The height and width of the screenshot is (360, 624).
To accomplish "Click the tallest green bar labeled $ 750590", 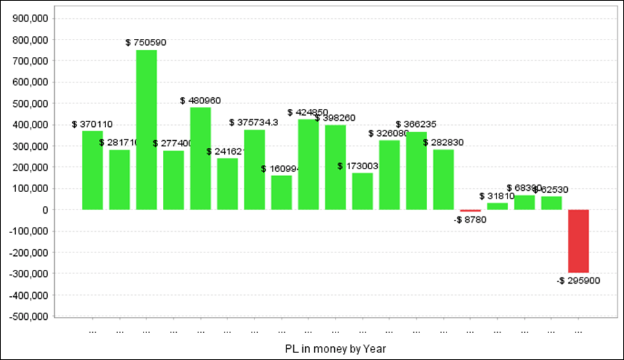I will point(146,130).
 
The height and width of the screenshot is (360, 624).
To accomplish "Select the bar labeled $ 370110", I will point(92,170).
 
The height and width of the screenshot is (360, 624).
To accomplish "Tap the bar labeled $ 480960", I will point(200,158).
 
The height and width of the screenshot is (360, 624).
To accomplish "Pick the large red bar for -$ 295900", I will point(578,241).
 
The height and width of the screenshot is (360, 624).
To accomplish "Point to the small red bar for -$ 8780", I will point(470,211).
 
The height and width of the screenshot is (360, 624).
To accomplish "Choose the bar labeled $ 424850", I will point(309,164).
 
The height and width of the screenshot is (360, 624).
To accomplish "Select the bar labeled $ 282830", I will point(444,179).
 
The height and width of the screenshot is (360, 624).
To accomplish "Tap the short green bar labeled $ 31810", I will point(497,206).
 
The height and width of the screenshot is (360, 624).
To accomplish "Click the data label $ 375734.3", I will point(254,123).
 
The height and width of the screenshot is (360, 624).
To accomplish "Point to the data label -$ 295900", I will point(578,281).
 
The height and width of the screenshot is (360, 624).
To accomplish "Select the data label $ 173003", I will point(358,166).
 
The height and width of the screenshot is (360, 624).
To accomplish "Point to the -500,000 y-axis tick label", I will point(27,316).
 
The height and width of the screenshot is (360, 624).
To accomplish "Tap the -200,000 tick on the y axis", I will point(27,252).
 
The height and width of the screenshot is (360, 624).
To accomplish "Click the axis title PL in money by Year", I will point(335,348).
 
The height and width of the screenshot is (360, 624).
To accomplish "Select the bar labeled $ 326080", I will point(389,175).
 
